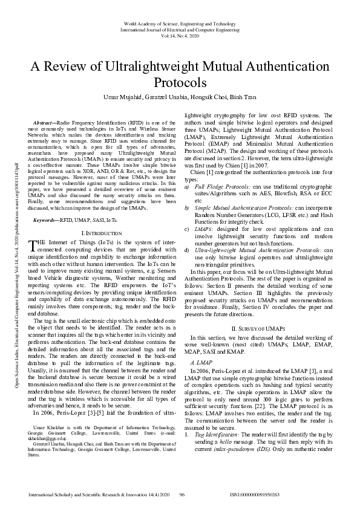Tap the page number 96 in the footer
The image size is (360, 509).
(182, 494)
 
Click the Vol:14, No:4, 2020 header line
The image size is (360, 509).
(180, 36)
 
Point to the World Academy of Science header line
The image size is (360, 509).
(180, 22)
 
